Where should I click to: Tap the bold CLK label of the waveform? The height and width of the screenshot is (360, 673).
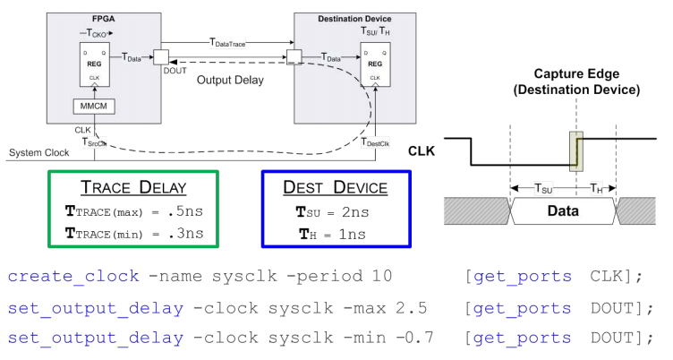[420, 151]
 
